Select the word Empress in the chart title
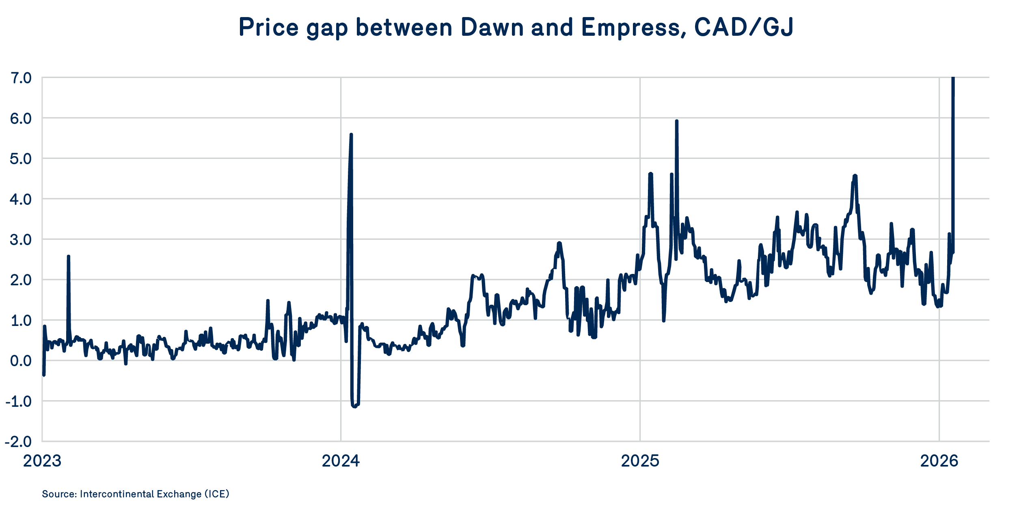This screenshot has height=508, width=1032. [630, 27]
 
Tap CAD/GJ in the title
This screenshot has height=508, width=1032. [743, 27]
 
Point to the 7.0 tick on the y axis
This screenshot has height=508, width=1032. [21, 78]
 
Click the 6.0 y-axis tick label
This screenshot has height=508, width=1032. [21, 118]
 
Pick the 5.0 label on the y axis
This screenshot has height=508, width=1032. [21, 159]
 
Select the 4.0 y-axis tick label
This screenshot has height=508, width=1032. [21, 199]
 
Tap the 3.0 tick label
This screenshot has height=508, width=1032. [21, 239]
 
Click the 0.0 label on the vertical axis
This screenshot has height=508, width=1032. [21, 360]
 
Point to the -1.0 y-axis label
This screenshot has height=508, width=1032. [19, 401]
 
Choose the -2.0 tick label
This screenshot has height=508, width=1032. [19, 441]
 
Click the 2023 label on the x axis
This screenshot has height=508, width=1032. [42, 461]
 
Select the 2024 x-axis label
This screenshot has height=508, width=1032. [341, 461]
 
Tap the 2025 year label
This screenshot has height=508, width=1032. [640, 461]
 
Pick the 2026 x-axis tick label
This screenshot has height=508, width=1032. [939, 461]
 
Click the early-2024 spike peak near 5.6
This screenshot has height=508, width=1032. [351, 135]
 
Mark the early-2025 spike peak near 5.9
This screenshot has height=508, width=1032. [677, 121]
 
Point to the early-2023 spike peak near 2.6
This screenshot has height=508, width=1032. [69, 256]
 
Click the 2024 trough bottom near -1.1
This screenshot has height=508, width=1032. [354, 406]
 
